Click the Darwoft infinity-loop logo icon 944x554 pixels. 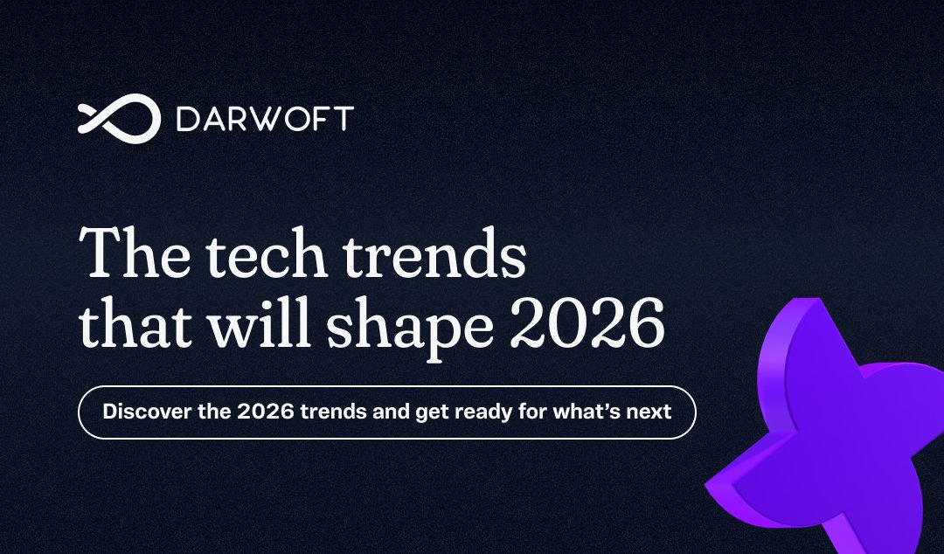(119, 118)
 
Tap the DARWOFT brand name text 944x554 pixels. (264, 119)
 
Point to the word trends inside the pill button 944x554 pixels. (330, 411)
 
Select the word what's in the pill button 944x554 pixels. (589, 411)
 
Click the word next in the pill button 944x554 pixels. (651, 412)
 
